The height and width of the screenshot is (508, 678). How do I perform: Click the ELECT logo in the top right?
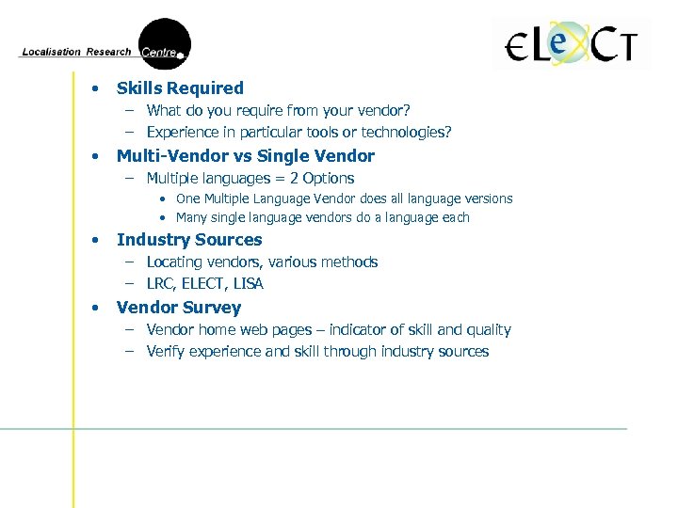572,44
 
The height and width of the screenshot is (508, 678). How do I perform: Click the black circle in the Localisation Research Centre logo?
165,43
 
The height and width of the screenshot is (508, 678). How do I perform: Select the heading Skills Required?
180,88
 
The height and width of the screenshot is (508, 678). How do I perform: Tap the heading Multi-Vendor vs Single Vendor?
245,156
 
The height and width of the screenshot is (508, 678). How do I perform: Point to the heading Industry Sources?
189,240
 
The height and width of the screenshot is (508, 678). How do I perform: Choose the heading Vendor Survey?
179,308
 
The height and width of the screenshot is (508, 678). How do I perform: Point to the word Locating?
174,262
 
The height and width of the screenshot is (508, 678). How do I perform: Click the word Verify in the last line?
166,352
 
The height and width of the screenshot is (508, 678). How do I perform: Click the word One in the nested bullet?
188,198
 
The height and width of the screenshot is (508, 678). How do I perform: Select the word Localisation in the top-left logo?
51,53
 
